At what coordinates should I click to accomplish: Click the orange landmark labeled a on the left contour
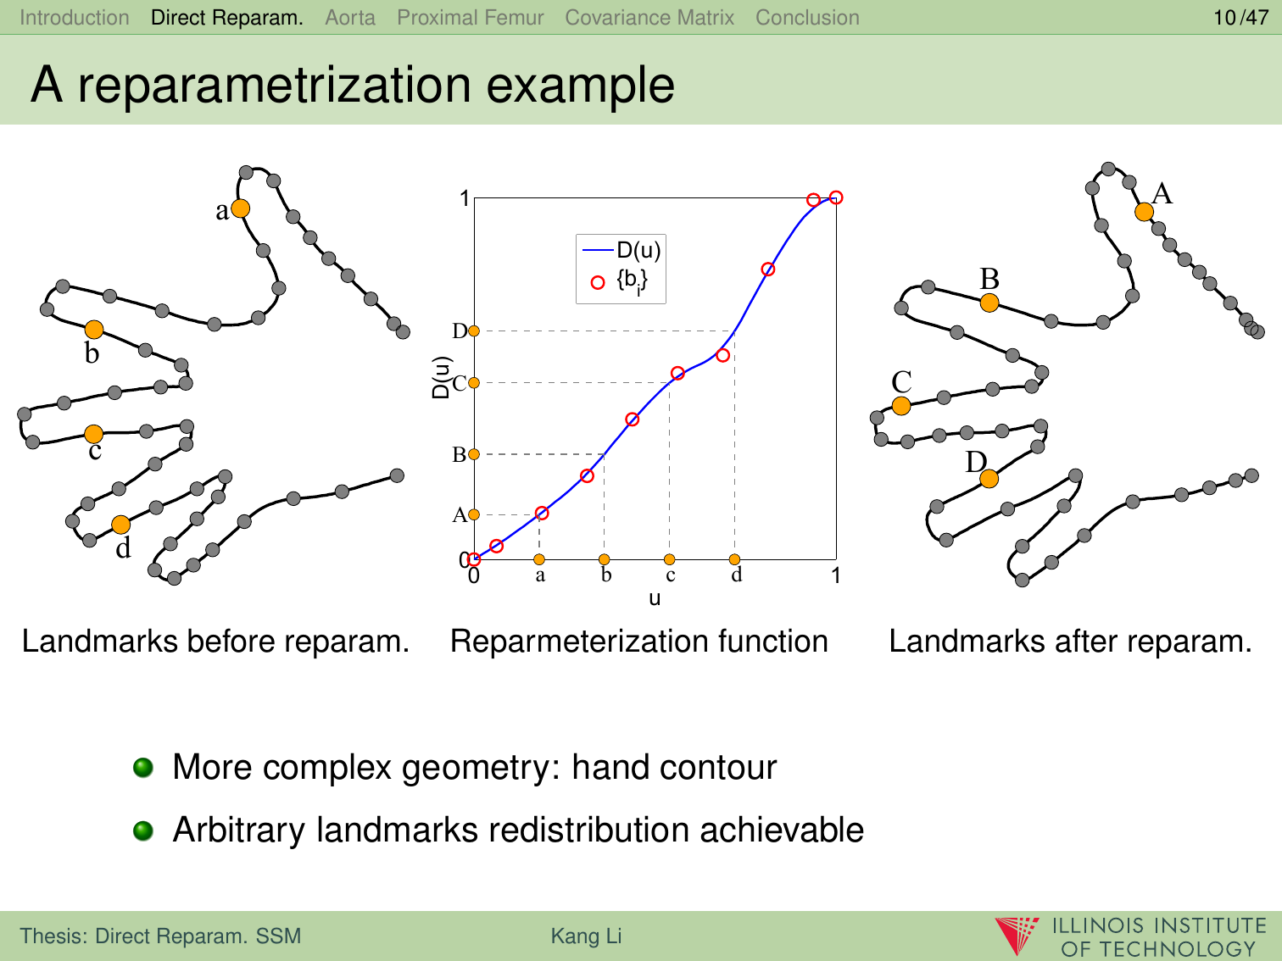pyautogui.click(x=240, y=208)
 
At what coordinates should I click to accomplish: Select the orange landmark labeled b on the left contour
pyautogui.click(x=94, y=330)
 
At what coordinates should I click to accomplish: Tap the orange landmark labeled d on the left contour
pyautogui.click(x=121, y=525)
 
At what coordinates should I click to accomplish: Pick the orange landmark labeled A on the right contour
pyautogui.click(x=1144, y=212)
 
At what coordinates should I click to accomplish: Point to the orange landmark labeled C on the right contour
pyautogui.click(x=901, y=406)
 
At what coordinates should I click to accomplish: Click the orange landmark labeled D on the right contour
pyautogui.click(x=989, y=479)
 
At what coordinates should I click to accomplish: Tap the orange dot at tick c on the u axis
pyautogui.click(x=669, y=559)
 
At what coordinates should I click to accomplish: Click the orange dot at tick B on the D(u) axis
pyautogui.click(x=474, y=454)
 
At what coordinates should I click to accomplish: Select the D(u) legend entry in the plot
pyautogui.click(x=621, y=250)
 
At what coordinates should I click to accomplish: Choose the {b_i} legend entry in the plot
pyautogui.click(x=621, y=282)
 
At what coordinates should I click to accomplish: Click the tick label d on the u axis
pyautogui.click(x=737, y=575)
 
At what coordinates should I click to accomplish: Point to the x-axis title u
pyautogui.click(x=655, y=598)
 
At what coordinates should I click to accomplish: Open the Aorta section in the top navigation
pyautogui.click(x=350, y=18)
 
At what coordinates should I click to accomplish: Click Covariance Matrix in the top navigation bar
pyautogui.click(x=649, y=18)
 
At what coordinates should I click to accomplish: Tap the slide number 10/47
pyautogui.click(x=1241, y=18)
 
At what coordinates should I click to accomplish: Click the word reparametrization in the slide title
pyautogui.click(x=275, y=86)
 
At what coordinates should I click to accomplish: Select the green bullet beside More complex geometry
pyautogui.click(x=143, y=767)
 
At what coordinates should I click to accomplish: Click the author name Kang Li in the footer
pyautogui.click(x=587, y=936)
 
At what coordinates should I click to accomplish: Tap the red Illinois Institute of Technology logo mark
pyautogui.click(x=1017, y=936)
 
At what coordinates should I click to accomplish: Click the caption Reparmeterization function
pyautogui.click(x=639, y=642)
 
